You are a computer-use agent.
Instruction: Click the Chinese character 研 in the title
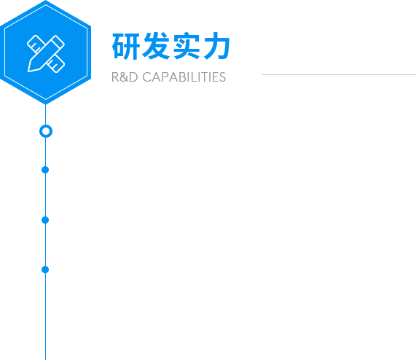click(x=126, y=46)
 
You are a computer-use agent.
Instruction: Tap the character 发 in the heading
click(x=156, y=46)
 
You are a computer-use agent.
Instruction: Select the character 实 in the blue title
click(x=187, y=46)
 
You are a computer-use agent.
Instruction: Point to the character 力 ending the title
click(x=217, y=46)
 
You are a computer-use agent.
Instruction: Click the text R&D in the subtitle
click(x=125, y=77)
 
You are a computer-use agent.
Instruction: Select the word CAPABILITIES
click(x=184, y=77)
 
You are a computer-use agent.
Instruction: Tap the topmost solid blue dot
click(x=45, y=170)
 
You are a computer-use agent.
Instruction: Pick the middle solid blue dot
click(x=45, y=220)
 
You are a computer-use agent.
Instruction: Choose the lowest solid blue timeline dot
click(x=45, y=270)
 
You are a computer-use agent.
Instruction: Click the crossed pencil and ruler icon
click(x=46, y=53)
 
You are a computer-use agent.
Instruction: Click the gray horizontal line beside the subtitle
click(x=339, y=74)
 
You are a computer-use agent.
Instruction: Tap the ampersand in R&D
click(x=123, y=77)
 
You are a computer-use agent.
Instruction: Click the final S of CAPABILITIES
click(x=223, y=77)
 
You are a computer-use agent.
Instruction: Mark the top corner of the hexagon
click(x=46, y=1)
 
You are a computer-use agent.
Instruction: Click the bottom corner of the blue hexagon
click(x=46, y=104)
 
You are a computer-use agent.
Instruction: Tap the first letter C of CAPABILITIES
click(x=146, y=77)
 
